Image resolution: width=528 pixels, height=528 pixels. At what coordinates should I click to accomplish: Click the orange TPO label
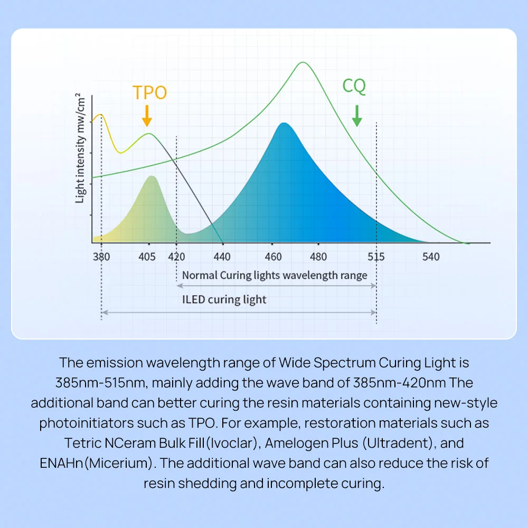pos(149,92)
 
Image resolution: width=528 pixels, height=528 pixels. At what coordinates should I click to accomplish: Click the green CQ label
pos(354,86)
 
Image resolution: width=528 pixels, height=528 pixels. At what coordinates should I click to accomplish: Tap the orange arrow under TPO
pos(147,115)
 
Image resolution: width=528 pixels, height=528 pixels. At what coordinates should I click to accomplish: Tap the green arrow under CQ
pos(357,116)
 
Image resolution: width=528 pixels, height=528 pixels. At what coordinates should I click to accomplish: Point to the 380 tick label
pos(101,257)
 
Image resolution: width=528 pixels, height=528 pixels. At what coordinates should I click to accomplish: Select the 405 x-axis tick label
pos(147,257)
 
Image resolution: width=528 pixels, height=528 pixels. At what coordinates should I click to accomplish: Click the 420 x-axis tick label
pos(176,257)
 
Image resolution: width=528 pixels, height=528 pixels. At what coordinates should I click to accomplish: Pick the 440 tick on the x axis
pos(223,257)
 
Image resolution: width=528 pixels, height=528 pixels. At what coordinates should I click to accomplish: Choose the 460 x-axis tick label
pos(273,257)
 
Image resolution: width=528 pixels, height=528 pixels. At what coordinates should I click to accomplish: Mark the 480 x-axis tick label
pos(318,257)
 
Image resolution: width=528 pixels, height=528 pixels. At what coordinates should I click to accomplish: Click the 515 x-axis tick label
pos(376,257)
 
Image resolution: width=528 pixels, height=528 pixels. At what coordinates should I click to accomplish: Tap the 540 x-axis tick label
pos(431,257)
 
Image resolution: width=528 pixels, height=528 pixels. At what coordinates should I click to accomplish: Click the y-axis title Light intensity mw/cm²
pos(81,149)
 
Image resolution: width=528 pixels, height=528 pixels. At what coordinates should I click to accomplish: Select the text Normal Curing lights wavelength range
pos(275,275)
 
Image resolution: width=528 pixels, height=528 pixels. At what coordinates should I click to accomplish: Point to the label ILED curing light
pos(224,300)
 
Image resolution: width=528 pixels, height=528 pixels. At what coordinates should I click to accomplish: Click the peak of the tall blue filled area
pos(284,123)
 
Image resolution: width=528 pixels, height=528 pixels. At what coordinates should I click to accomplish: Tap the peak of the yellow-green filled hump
pos(152,176)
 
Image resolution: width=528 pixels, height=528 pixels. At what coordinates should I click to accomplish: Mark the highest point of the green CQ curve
pos(303,62)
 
